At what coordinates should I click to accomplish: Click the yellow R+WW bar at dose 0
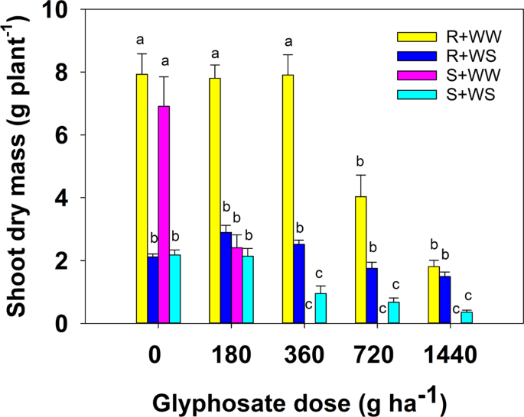pyautogui.click(x=142, y=199)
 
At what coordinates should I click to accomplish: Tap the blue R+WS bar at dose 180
pyautogui.click(x=226, y=278)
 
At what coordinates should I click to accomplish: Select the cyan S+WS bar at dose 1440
pyautogui.click(x=467, y=317)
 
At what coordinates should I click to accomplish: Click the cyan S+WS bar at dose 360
pyautogui.click(x=321, y=309)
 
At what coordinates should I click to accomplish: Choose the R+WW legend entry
pyautogui.click(x=444, y=36)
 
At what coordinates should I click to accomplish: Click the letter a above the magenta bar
pyautogui.click(x=164, y=61)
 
